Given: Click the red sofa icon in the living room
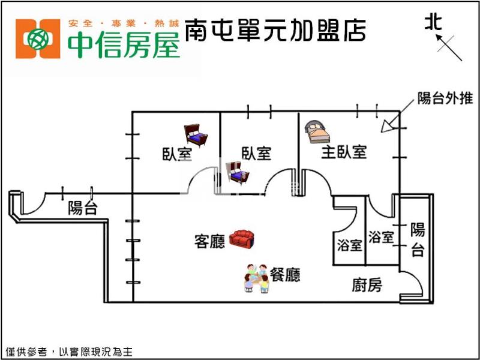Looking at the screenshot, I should pos(242,239).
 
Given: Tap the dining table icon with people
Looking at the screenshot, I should pos(257,278).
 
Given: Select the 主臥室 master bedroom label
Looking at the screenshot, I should pos(344,152).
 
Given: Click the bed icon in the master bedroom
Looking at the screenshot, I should pos(316,130).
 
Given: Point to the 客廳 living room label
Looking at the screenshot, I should pos(209,241).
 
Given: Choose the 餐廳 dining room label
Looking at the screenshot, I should pos(285,275).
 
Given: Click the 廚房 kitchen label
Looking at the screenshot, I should pos(367,285).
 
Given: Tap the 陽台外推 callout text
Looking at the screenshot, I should pos(445,98).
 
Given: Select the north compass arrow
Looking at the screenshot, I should pos(449,47).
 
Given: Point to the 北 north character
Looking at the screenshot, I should pos(433,23).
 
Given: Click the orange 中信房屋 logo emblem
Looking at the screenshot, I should pos(38,39).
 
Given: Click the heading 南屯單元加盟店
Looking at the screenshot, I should pos(275,29).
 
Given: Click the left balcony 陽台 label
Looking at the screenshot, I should pos(83,208).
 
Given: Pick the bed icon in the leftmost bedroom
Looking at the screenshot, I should pos(196,134).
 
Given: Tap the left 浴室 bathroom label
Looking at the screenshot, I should pos(349,245).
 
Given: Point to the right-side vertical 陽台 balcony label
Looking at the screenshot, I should pos(418,239).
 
